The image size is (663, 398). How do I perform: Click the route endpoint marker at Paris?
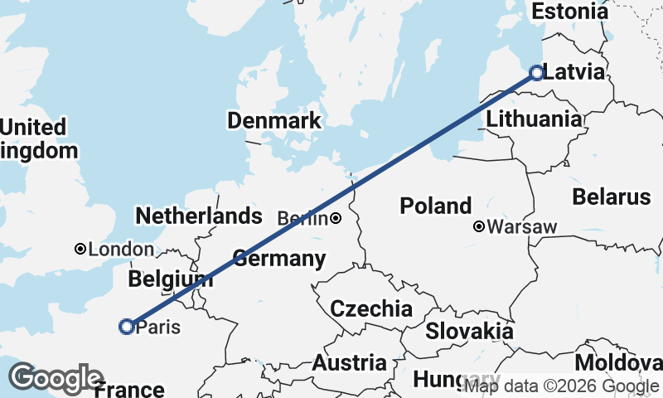coord(127,327)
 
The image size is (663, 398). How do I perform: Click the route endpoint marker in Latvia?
coord(536,73)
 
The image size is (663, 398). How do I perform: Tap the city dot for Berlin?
coord(336,219)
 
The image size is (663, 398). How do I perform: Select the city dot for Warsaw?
coord(479,226)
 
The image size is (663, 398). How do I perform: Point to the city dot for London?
coord(80,249)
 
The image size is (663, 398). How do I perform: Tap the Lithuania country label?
coord(534,119)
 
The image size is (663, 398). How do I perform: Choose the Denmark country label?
coord(274,121)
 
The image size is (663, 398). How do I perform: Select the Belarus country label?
coord(612,197)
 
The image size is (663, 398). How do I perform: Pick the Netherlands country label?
coord(199,216)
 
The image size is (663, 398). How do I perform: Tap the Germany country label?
coord(279,259)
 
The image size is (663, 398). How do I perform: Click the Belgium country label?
coord(171,279)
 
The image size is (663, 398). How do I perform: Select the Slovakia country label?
coord(469,331)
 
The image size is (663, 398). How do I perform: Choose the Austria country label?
coord(349,363)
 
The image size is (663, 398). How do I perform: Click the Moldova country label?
coord(618,363)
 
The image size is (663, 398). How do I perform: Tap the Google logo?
coord(56,378)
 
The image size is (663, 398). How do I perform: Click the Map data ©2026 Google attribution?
coord(561,386)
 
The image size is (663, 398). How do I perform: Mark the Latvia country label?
coord(575,72)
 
